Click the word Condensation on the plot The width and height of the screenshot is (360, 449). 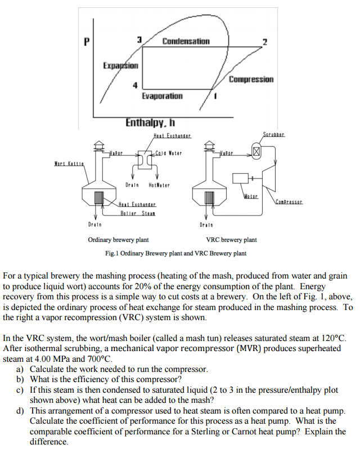pyautogui.click(x=186, y=41)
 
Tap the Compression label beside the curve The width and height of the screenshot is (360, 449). pyautogui.click(x=251, y=79)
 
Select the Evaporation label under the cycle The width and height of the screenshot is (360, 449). pyautogui.click(x=162, y=96)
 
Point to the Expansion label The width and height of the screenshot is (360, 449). pyautogui.click(x=120, y=65)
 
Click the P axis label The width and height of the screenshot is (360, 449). pyautogui.click(x=86, y=41)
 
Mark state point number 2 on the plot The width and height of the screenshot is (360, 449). pyautogui.click(x=264, y=42)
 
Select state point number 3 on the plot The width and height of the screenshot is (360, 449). pyautogui.click(x=139, y=39)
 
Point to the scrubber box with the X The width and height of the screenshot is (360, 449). pyautogui.click(x=256, y=151)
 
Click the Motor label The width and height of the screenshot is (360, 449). pyautogui.click(x=251, y=196)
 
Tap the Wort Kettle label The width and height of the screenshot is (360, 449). pyautogui.click(x=69, y=164)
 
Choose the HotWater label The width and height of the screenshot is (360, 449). pyautogui.click(x=159, y=185)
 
